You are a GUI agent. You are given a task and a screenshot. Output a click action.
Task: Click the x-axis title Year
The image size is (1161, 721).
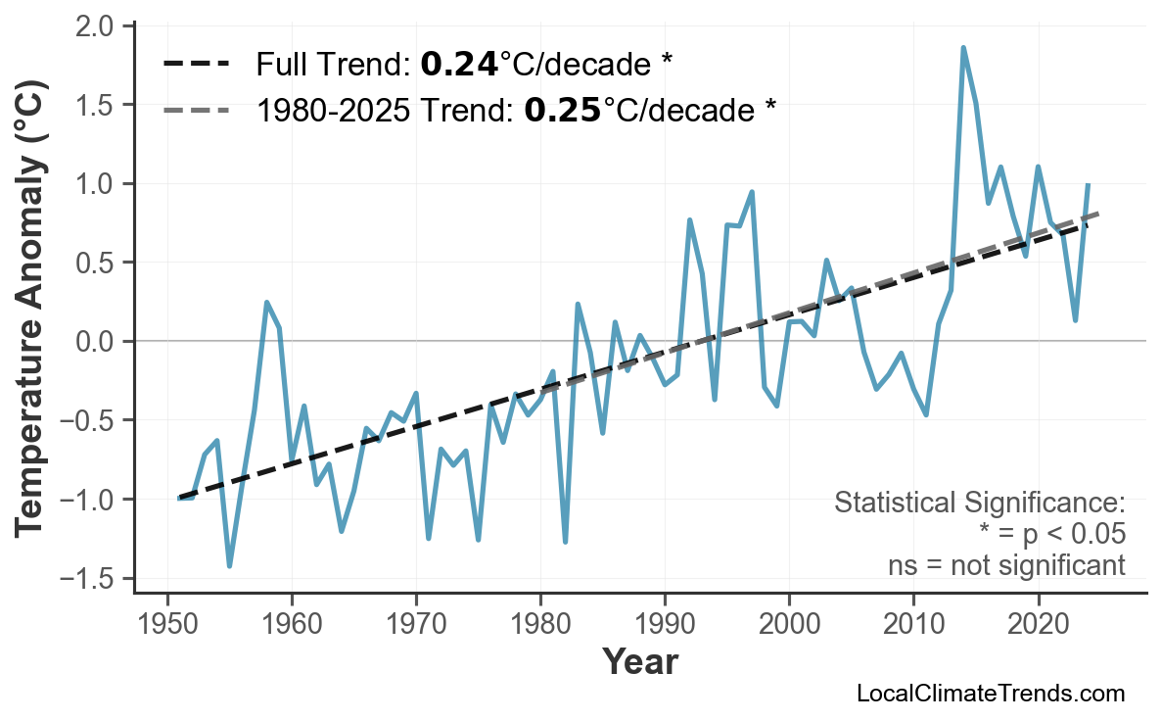(x=639, y=662)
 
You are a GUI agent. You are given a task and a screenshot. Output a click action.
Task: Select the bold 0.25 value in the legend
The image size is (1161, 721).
(x=562, y=110)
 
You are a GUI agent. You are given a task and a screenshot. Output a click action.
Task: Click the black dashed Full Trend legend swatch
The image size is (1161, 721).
(x=196, y=65)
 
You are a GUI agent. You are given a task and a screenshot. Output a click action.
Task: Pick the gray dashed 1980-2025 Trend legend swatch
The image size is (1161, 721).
(x=196, y=110)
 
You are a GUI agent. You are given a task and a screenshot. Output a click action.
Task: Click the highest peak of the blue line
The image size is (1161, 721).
(x=963, y=47)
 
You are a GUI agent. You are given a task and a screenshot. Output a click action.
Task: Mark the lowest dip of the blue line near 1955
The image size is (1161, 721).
(x=229, y=566)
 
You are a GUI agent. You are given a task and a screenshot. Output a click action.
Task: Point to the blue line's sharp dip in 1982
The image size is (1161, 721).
(x=566, y=542)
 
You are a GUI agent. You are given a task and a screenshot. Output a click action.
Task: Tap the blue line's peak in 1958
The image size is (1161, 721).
(x=266, y=303)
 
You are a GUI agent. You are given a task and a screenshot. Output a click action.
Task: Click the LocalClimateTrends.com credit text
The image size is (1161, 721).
(x=990, y=694)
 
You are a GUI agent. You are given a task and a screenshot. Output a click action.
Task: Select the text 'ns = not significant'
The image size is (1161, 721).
(x=1005, y=565)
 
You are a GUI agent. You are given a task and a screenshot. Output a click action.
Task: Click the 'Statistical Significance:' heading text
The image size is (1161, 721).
(x=979, y=504)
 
